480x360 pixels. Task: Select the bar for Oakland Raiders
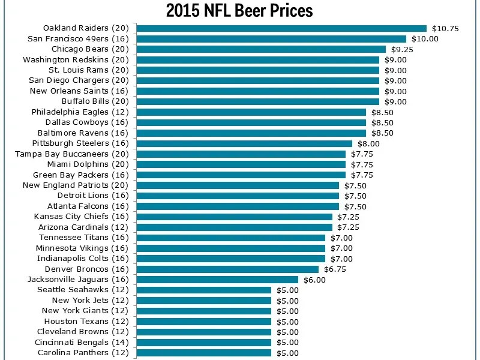click(281, 28)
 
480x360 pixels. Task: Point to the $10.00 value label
click(425, 38)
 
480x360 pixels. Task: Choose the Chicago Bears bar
click(261, 49)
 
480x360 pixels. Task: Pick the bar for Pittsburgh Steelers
click(244, 143)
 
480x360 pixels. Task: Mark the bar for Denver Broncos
click(227, 269)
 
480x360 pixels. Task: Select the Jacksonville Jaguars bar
click(217, 280)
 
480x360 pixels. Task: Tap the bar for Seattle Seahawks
click(204, 290)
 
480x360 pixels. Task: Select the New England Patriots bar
click(238, 185)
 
